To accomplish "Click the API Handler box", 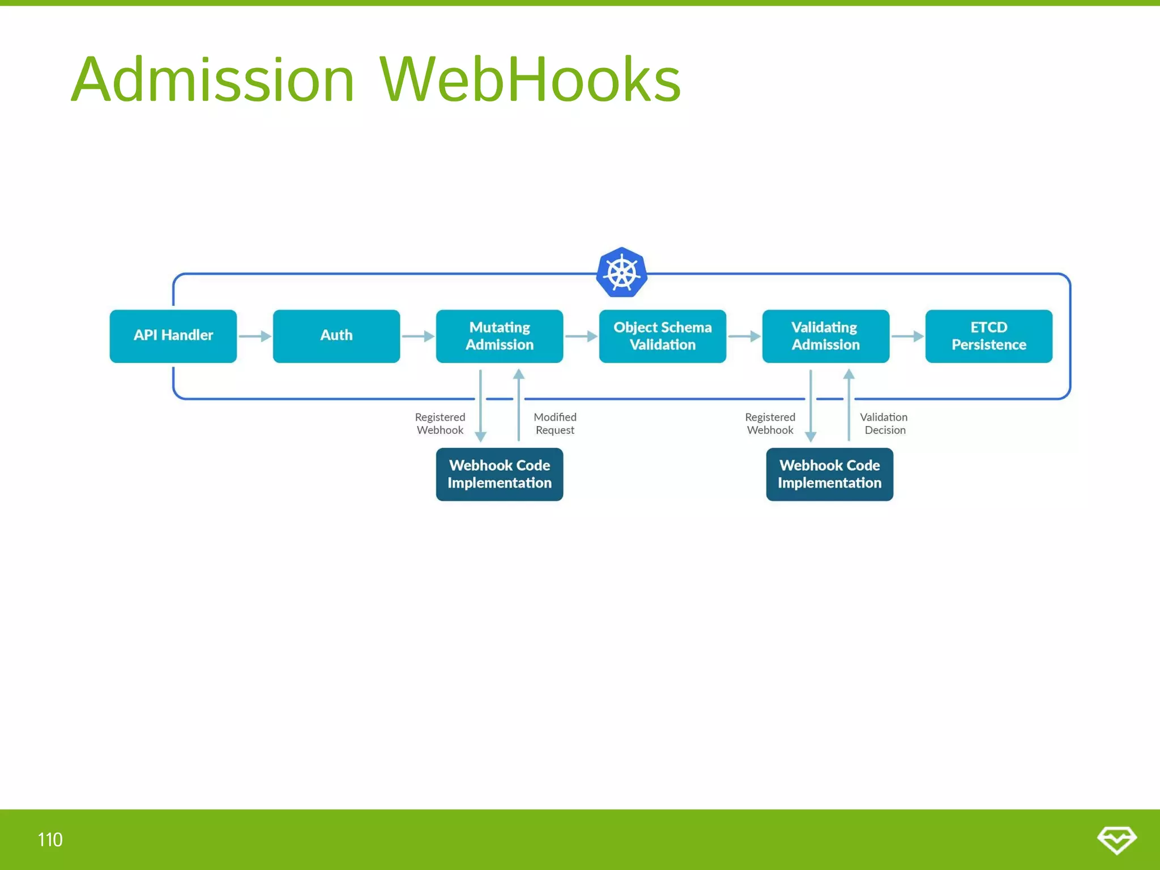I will coord(173,336).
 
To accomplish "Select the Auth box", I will coord(336,336).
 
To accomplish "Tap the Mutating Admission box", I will coord(499,336).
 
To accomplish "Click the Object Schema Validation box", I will coord(662,336).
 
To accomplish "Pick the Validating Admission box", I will coord(825,336).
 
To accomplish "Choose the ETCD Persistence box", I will coord(988,336).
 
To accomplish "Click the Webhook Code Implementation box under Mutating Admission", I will coord(499,474).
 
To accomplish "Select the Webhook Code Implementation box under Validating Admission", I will coord(829,474).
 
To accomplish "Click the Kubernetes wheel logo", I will coord(621,272).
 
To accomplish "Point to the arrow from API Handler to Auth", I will coord(254,336).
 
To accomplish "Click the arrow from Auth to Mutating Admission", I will coord(417,336).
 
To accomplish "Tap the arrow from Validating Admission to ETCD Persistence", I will coord(907,336).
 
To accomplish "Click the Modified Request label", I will coord(555,424).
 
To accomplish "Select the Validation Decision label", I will coord(884,424).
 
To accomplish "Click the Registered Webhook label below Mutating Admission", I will coord(440,424).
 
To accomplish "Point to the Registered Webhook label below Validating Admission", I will coord(770,424).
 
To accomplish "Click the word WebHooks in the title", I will coord(530,79).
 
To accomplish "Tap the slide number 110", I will coord(50,839).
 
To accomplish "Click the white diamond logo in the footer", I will coord(1116,839).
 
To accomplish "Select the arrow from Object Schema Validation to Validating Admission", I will coord(744,336).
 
